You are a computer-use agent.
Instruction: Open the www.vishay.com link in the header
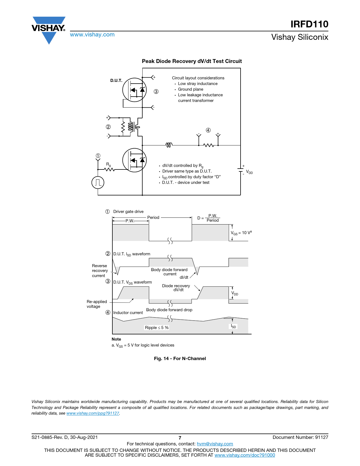point(92,34)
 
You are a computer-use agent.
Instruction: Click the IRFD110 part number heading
point(309,24)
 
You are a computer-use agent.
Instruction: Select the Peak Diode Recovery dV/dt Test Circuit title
point(192,61)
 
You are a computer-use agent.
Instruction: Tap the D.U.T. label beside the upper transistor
point(116,80)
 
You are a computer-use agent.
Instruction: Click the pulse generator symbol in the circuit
point(98,182)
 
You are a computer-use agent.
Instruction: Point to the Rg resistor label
point(108,164)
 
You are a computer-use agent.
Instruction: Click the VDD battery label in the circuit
point(249,172)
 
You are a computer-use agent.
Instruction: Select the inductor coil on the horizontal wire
point(169,145)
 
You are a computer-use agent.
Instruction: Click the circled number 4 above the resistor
point(208,130)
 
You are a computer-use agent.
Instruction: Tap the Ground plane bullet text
point(191,89)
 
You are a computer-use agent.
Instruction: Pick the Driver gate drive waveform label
point(128,212)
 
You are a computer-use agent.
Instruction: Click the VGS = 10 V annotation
point(241,233)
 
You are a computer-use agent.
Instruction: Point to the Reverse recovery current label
point(100,271)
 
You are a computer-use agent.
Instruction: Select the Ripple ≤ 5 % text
point(157,328)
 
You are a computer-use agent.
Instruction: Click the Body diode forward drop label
point(169,310)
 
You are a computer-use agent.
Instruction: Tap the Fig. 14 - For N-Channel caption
point(180,358)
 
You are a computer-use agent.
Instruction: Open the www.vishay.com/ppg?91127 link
point(93,413)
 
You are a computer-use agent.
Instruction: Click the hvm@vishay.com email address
point(215,444)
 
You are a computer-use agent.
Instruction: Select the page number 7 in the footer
point(180,438)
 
